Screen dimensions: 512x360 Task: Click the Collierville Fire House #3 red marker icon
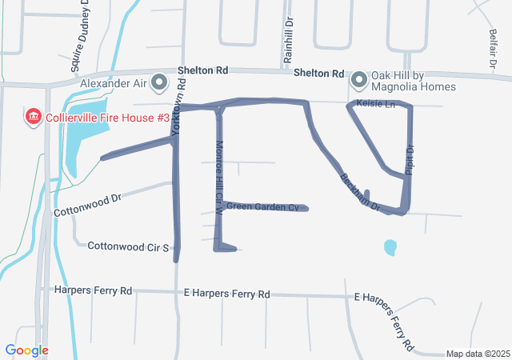(x=34, y=118)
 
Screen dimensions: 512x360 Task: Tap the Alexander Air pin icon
(x=159, y=82)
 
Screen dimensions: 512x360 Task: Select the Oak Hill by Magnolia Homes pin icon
(x=358, y=79)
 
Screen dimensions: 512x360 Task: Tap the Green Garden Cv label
(x=262, y=207)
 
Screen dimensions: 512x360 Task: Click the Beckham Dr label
(x=359, y=192)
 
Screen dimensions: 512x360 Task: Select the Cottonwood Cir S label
(x=128, y=247)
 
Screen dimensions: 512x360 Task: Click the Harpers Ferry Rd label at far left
(x=93, y=291)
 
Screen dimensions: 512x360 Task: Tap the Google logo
(x=26, y=350)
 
